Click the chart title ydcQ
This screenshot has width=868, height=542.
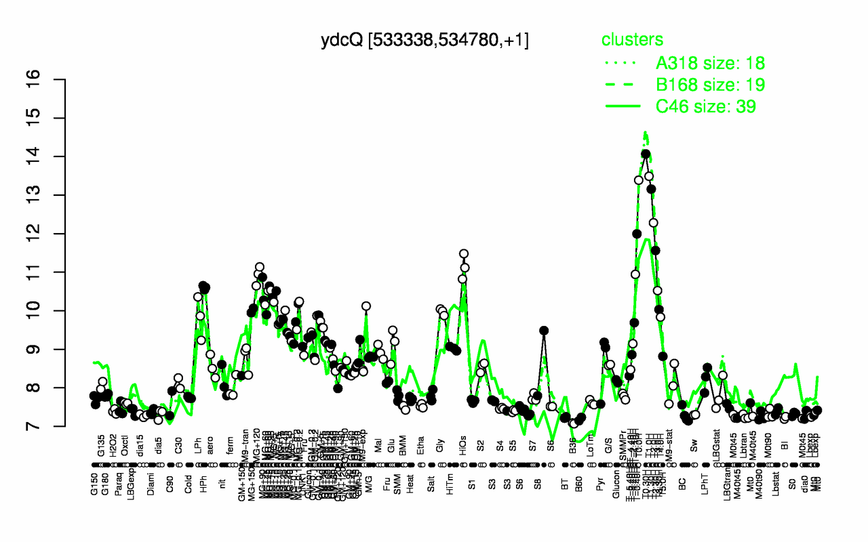[425, 41]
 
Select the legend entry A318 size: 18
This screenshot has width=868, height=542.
[710, 64]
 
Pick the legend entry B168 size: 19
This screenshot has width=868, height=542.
[711, 85]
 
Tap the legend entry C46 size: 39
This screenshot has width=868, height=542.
[706, 106]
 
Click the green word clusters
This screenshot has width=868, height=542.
[632, 40]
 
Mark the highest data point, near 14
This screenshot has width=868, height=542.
[646, 154]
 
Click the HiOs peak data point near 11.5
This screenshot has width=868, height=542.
[464, 253]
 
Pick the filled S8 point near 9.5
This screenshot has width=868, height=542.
[543, 331]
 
